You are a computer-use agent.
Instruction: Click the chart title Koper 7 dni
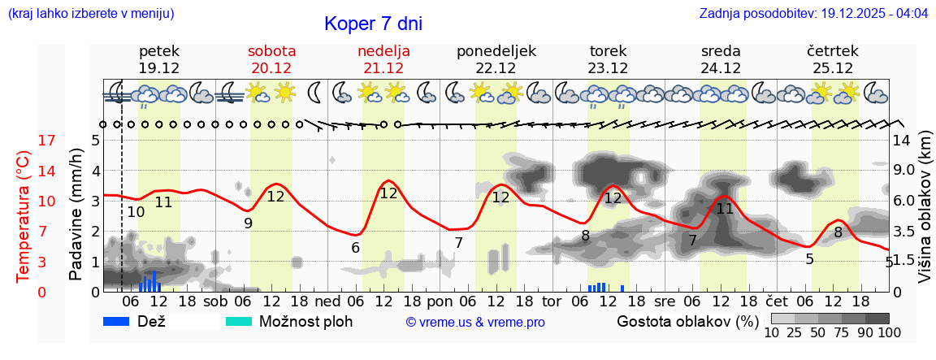373,24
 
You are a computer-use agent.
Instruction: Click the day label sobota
271,51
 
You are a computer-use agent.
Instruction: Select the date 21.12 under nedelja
383,68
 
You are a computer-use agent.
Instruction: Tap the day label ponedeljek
496,51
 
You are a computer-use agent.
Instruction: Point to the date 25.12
833,68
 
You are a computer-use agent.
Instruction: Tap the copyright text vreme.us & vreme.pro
475,323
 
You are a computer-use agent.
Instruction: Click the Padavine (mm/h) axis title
76,215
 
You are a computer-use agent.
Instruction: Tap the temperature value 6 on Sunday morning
355,248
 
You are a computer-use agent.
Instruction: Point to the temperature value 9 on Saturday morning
248,223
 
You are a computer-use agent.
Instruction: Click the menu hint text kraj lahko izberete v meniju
90,14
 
